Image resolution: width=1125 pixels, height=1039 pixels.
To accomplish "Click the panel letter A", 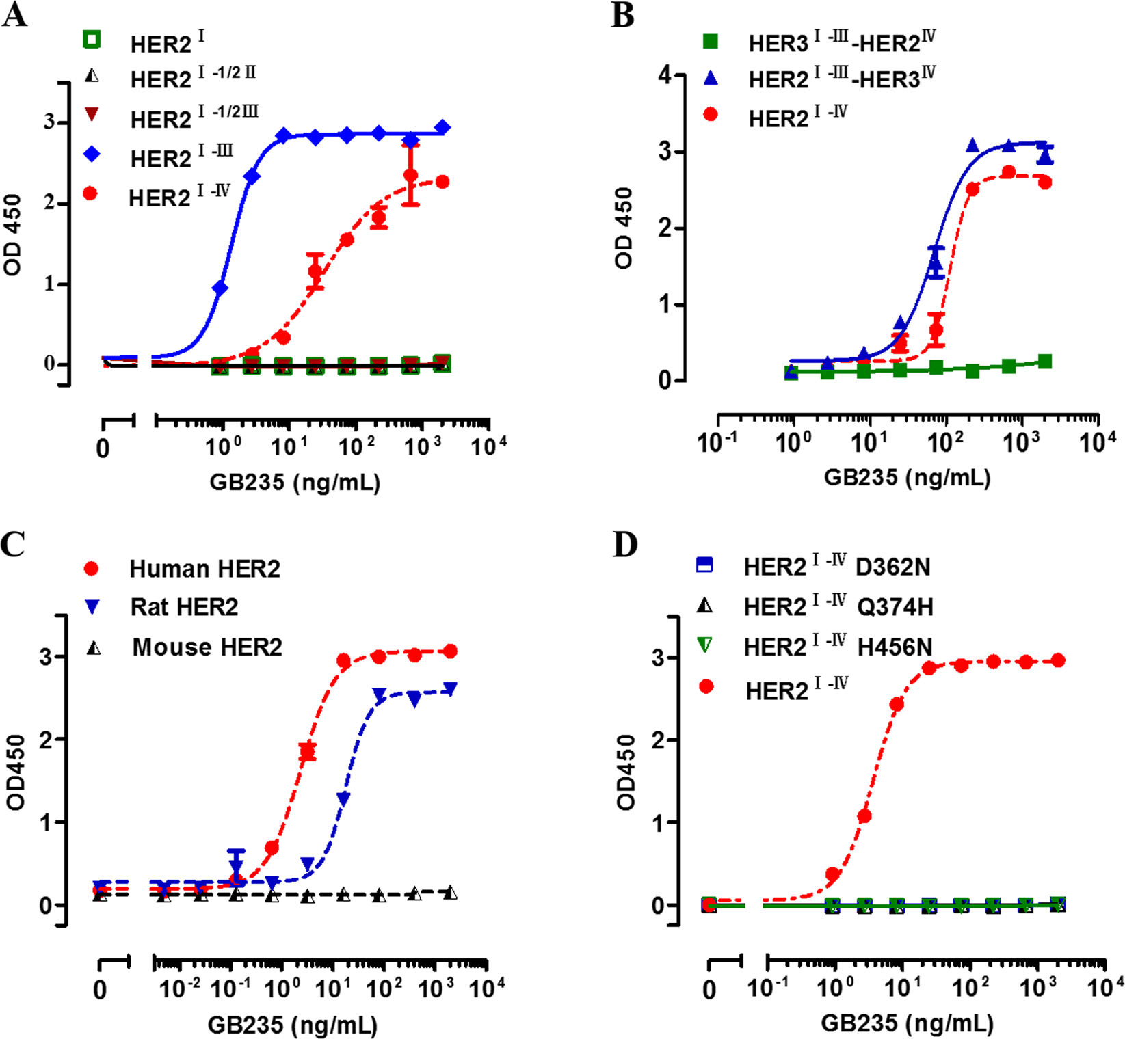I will point(15,15).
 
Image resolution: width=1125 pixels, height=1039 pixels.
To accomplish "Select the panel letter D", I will point(625,545).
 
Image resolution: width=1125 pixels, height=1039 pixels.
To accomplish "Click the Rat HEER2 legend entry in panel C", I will point(184,607).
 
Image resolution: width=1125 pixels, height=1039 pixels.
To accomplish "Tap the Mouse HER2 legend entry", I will point(207,647).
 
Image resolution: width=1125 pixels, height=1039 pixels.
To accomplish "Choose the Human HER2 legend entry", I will point(204,569).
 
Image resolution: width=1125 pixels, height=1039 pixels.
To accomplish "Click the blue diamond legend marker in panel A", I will point(91,155).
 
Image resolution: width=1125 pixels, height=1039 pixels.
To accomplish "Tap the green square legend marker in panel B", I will point(711,42).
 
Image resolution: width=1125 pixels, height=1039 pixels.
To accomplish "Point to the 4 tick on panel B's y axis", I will point(664,76).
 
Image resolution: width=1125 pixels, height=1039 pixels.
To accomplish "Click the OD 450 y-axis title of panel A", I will point(12,235).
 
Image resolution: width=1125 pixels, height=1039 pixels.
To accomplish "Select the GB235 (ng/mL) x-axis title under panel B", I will point(907,476).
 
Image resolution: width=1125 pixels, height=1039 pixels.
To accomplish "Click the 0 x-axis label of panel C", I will point(100,990).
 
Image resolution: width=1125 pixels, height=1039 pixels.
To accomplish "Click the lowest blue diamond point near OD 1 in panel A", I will point(220,288).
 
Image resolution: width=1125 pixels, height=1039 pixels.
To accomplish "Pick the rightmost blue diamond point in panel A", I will point(442,128).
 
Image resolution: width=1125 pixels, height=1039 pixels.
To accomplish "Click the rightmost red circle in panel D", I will point(1057,660).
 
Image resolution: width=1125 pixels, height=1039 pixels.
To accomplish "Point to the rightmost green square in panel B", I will point(1044,362).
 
